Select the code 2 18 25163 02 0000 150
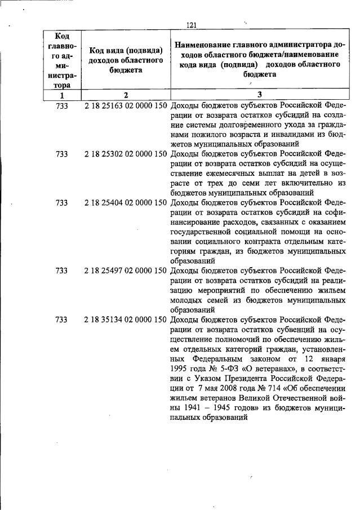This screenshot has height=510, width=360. [x=125, y=105]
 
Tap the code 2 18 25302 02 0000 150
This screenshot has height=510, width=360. [x=125, y=153]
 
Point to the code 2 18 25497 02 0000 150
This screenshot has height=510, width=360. [x=125, y=270]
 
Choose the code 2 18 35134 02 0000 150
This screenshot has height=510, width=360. [x=125, y=320]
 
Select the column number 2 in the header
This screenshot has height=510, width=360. [x=126, y=95]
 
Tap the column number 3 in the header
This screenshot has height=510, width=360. [x=259, y=95]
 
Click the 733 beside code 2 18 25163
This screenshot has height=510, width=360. [x=62, y=105]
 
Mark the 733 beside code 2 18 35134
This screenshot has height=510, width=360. [x=62, y=320]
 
